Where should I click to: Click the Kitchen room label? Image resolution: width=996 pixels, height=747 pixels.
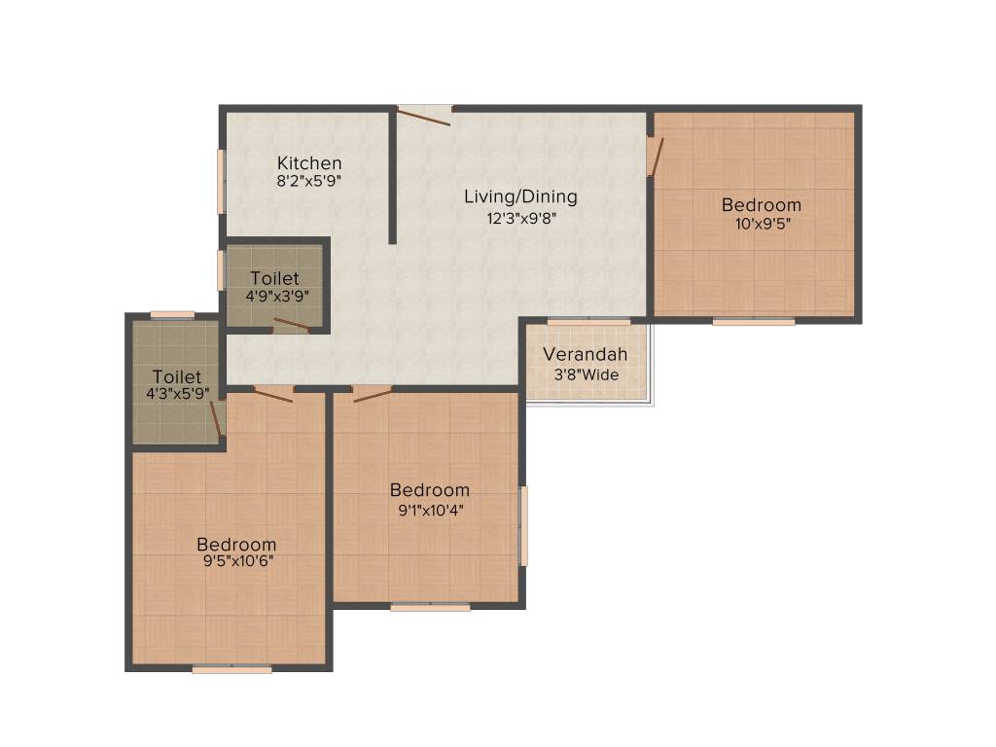pyautogui.click(x=309, y=162)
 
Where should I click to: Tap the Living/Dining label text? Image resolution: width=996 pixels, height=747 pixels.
pyautogui.click(x=520, y=196)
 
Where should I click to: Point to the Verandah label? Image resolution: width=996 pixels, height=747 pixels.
pyautogui.click(x=585, y=354)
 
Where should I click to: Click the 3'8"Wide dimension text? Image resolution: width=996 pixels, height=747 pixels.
pyautogui.click(x=585, y=374)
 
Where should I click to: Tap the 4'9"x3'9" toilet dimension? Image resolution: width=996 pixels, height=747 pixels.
pyautogui.click(x=274, y=297)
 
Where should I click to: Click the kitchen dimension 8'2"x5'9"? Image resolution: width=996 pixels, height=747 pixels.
pyautogui.click(x=309, y=181)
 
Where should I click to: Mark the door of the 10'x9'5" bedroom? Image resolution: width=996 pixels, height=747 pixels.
pyautogui.click(x=656, y=156)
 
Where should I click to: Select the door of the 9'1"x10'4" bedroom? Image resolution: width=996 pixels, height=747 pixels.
pyautogui.click(x=373, y=394)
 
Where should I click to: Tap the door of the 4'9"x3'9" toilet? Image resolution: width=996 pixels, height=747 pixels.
pyautogui.click(x=291, y=325)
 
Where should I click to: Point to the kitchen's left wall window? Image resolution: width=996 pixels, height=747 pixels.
pyautogui.click(x=222, y=180)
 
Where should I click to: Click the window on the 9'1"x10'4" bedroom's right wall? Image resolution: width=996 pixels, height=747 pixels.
pyautogui.click(x=523, y=526)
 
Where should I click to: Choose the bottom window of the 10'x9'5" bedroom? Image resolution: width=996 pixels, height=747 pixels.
pyautogui.click(x=753, y=321)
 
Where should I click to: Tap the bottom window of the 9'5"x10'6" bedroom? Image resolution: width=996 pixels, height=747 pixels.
pyautogui.click(x=231, y=669)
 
